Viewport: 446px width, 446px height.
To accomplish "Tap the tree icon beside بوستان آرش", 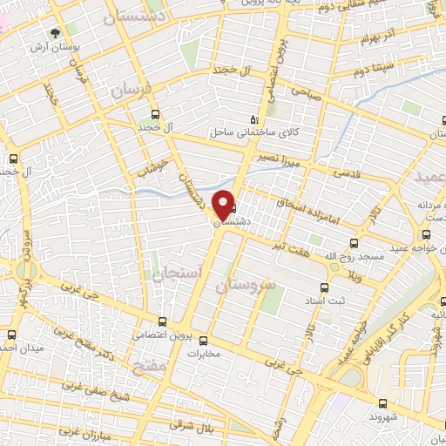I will [56, 32].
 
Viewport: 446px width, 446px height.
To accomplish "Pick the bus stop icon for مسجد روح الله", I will [354, 243].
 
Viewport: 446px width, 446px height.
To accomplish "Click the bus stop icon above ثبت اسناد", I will [323, 287].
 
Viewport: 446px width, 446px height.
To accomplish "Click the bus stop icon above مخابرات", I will [204, 341].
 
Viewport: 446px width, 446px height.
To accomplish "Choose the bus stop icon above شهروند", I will [382, 402].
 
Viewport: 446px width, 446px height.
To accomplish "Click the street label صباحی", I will [307, 91].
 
